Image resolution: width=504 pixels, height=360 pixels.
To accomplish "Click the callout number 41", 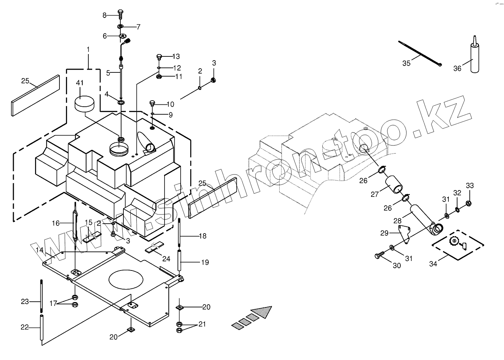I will (x=80, y=83).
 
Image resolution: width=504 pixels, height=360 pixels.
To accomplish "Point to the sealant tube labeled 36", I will (x=474, y=57).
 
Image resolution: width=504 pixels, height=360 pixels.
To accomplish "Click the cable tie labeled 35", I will (x=419, y=53).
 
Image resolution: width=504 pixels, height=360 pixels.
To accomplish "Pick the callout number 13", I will (x=176, y=56).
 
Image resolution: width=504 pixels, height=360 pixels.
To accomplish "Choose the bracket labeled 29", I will (x=404, y=235).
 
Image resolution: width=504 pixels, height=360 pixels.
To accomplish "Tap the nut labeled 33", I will (x=469, y=203).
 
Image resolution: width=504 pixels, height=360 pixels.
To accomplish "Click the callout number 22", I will (x=24, y=327).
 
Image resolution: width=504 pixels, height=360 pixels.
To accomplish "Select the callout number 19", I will (x=205, y=262).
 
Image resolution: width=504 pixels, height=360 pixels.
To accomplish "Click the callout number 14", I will (x=40, y=250).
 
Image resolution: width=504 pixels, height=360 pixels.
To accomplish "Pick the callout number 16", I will (x=56, y=223).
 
